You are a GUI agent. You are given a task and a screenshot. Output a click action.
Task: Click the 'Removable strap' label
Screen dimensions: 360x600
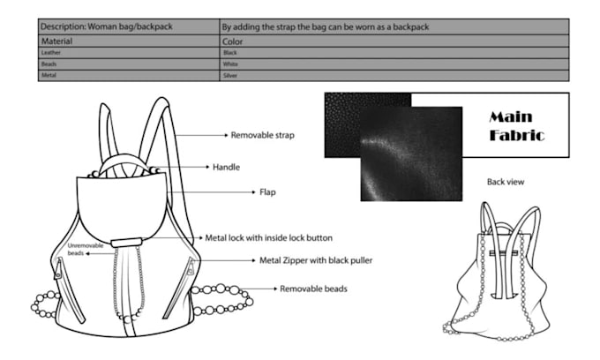[262, 136]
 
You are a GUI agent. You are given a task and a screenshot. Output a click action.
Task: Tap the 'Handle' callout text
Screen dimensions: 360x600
[226, 166]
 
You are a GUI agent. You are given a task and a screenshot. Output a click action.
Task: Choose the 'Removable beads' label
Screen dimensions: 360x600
[313, 289]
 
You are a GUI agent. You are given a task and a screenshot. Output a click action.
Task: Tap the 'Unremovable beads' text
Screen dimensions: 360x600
[85, 249]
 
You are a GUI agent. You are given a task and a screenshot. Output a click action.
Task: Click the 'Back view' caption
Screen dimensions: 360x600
[506, 182]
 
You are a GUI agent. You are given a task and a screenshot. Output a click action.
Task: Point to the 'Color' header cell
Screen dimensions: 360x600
[233, 41]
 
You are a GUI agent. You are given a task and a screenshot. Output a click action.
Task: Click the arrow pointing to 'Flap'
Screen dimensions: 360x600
[224, 191]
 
